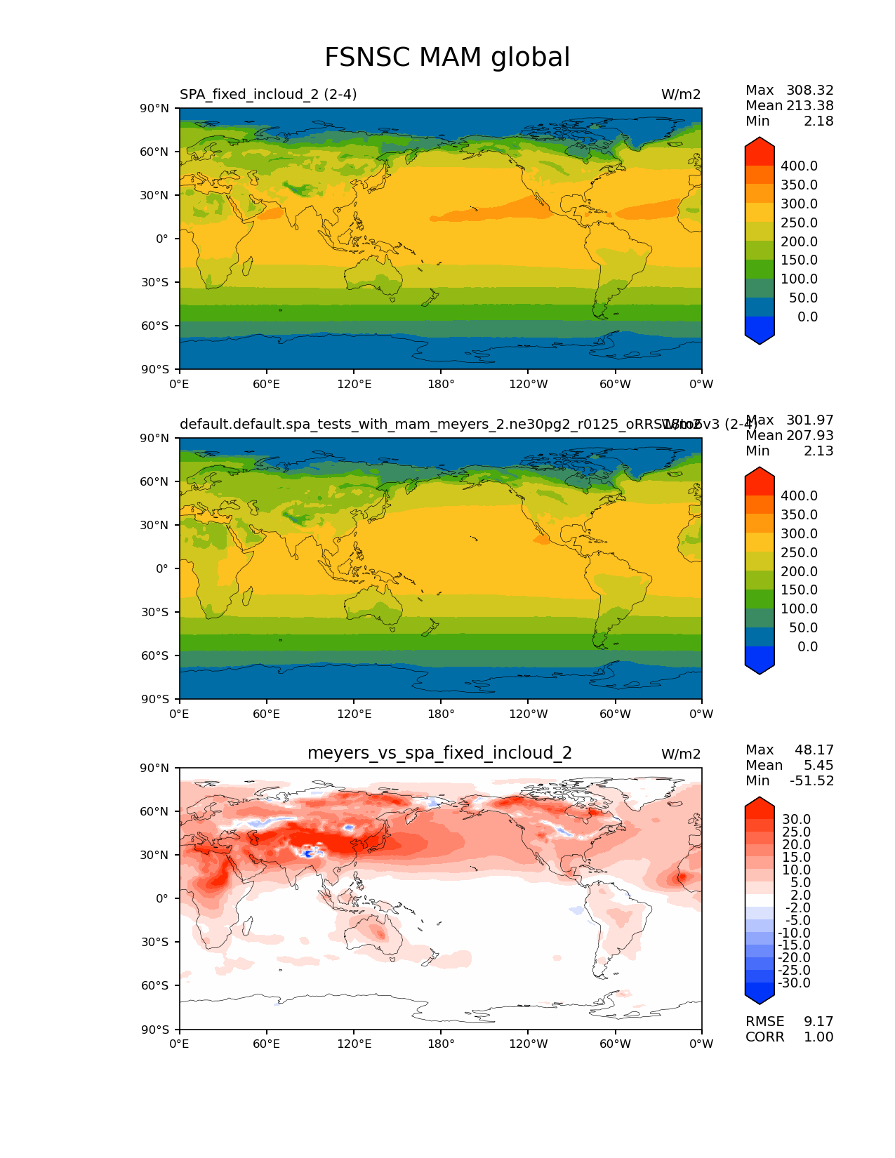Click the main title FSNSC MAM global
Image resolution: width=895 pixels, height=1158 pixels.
447,58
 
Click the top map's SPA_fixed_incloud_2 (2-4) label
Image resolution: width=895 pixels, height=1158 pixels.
268,94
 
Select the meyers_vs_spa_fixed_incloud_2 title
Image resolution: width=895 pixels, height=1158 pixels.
439,753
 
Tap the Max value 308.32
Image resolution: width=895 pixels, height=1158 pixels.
809,90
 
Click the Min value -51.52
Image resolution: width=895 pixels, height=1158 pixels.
811,780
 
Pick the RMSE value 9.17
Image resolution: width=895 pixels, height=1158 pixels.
818,1021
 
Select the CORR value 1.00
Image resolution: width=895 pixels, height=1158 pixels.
818,1037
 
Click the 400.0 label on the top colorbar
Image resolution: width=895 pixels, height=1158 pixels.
799,166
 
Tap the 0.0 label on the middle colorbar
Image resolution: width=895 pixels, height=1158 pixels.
807,646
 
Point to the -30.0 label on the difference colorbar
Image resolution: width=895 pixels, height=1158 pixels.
795,983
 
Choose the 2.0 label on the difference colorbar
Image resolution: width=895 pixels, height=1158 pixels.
801,895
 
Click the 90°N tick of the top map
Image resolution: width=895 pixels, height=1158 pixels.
156,108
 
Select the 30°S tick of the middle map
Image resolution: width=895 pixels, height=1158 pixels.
156,612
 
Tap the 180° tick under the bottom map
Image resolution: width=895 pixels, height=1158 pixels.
441,1044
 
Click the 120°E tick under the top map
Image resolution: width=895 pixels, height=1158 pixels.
354,384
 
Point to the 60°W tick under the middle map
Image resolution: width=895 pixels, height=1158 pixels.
615,714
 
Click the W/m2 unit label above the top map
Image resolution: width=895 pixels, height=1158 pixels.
680,94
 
